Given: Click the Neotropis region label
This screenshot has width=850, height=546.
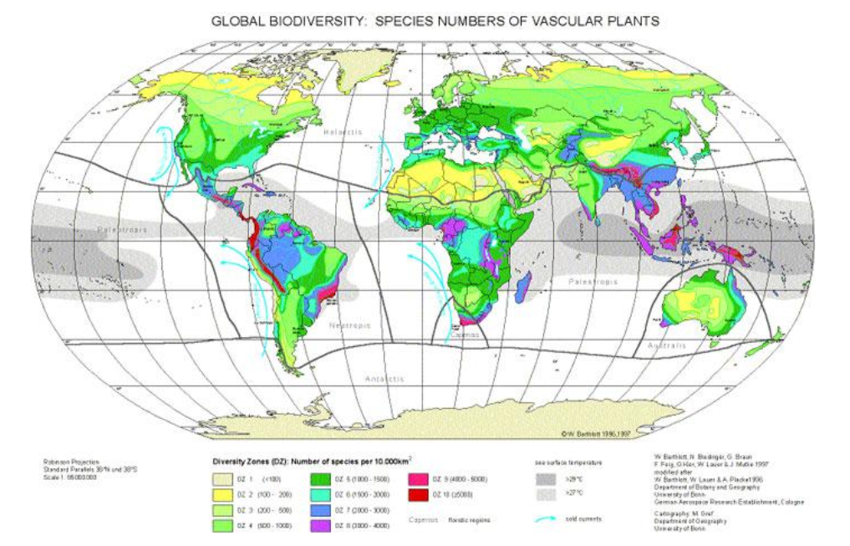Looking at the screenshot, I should [349, 325].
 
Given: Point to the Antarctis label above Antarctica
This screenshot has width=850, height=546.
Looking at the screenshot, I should [384, 379].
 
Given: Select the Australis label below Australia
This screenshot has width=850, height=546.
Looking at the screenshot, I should [664, 344].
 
